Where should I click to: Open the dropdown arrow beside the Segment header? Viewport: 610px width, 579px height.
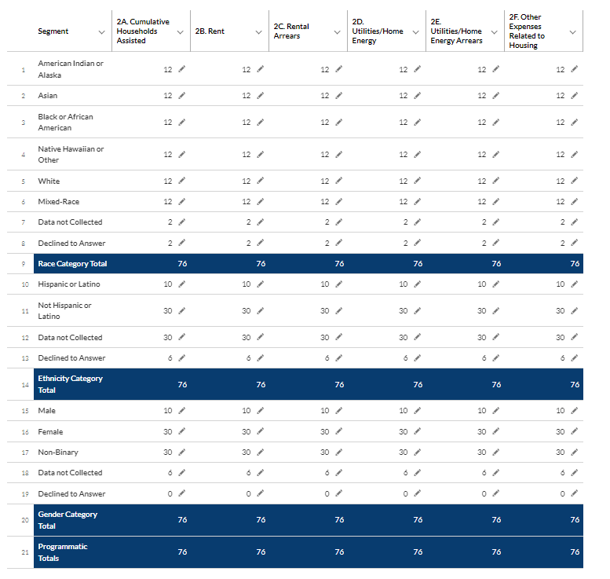click(101, 31)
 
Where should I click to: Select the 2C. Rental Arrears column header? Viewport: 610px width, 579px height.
click(291, 31)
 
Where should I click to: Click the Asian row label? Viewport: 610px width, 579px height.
click(48, 96)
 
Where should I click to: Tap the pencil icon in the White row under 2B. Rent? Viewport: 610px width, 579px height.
click(260, 181)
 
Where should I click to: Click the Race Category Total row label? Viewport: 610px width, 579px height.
click(72, 264)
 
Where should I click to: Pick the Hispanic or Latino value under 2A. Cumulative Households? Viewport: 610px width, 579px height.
click(167, 284)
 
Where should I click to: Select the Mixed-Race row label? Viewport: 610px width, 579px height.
click(58, 202)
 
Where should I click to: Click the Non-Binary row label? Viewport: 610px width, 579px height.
click(58, 453)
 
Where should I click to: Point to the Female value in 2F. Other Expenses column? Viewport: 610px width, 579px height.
click(560, 432)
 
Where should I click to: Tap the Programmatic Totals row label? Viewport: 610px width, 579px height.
click(62, 552)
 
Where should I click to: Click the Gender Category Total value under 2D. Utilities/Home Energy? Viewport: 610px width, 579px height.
click(418, 520)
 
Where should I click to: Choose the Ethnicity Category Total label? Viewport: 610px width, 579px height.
click(70, 384)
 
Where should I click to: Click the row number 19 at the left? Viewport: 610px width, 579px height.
click(24, 494)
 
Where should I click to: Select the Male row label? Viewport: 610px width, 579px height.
click(47, 411)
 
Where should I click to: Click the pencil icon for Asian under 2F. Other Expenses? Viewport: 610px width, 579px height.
click(574, 96)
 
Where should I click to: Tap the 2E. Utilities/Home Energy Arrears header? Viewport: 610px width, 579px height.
click(458, 31)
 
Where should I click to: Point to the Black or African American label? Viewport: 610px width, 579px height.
click(65, 122)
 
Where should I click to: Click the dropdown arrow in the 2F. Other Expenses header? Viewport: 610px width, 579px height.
click(572, 31)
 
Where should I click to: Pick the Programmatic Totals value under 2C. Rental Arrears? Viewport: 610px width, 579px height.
click(339, 552)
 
